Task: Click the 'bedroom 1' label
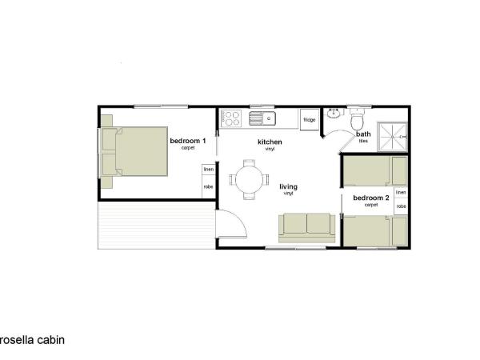[x=188, y=141]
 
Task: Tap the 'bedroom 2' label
[x=371, y=198]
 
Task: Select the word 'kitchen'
[x=270, y=142]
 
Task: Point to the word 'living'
[x=288, y=187]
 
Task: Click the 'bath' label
[x=363, y=134]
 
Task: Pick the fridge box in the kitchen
[x=309, y=119]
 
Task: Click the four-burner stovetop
[x=232, y=118]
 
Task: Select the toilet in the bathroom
[x=358, y=118]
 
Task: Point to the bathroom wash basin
[x=335, y=118]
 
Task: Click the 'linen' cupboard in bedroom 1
[x=209, y=170]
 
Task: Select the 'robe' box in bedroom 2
[x=401, y=206]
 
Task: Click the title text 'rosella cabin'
[x=32, y=339]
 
